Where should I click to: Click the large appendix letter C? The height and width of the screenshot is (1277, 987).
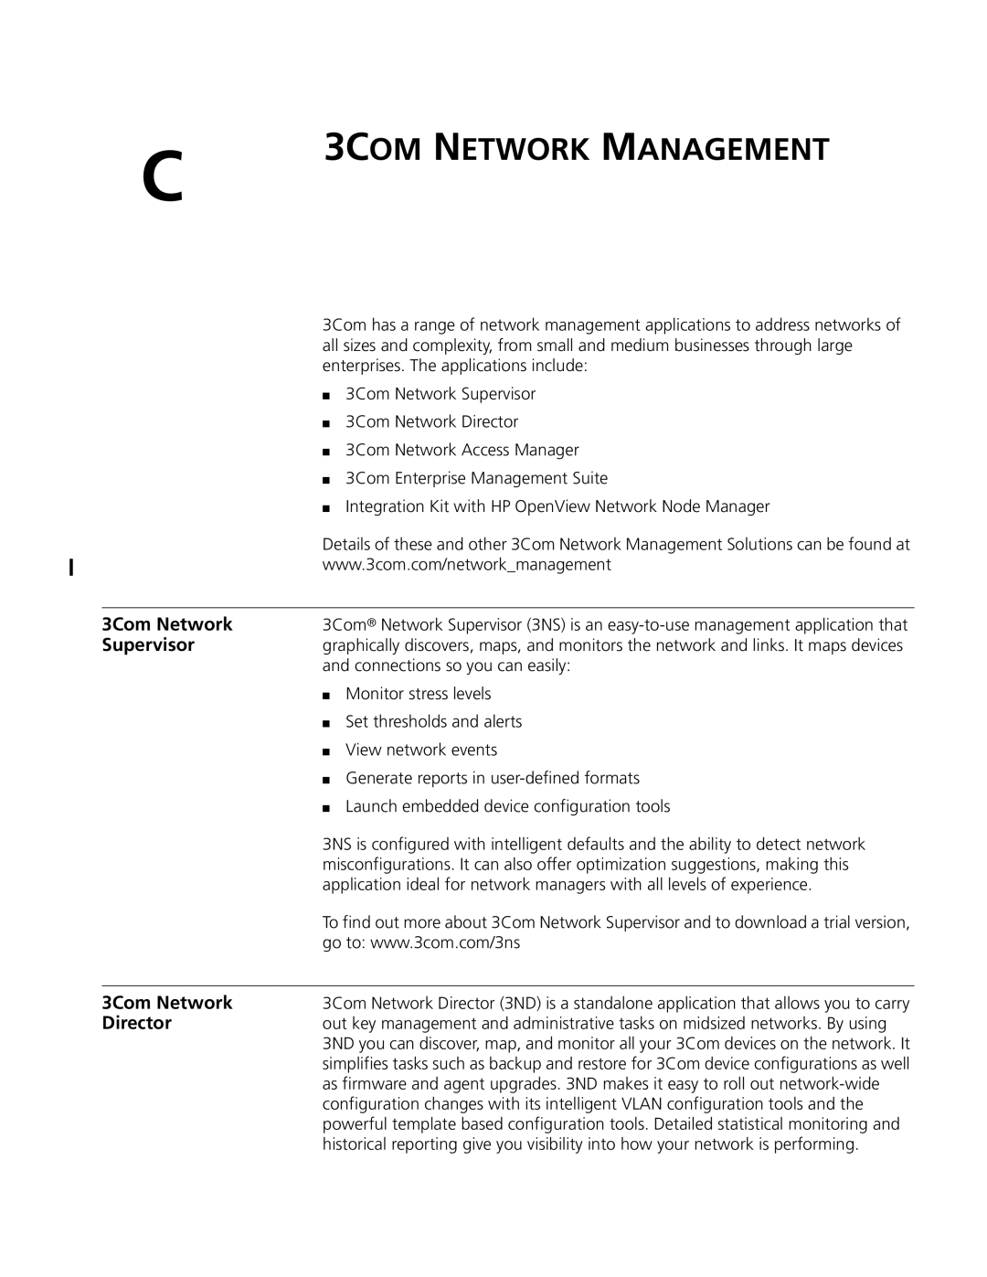click(x=164, y=173)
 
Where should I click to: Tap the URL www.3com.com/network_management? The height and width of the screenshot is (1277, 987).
click(x=466, y=565)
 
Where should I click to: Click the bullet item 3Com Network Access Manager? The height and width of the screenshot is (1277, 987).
click(x=462, y=450)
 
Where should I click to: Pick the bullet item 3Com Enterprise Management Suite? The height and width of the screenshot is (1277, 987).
click(x=476, y=478)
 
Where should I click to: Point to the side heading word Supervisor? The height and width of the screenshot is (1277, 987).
click(x=148, y=645)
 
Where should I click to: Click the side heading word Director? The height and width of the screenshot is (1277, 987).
click(x=137, y=1024)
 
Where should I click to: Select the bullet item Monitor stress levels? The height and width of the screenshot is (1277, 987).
click(x=418, y=694)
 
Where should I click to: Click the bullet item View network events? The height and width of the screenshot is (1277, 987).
click(x=421, y=750)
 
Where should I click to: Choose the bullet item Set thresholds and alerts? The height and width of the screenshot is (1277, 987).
click(x=433, y=722)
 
